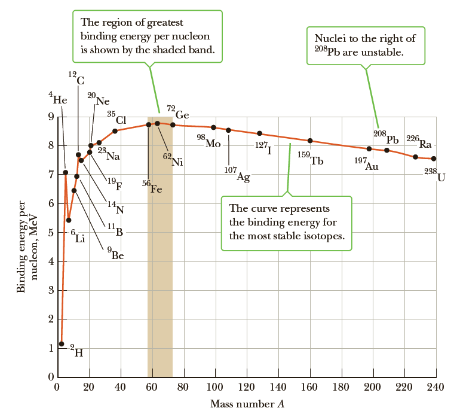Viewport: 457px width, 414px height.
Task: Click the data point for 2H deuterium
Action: pyautogui.click(x=62, y=344)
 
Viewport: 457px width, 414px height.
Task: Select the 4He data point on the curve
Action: pyautogui.click(x=66, y=172)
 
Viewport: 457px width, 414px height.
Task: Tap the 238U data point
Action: pyautogui.click(x=434, y=159)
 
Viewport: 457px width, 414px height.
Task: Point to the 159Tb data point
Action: pyautogui.click(x=310, y=141)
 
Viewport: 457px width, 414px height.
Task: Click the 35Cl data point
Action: pyautogui.click(x=115, y=130)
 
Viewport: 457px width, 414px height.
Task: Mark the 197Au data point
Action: pyautogui.click(x=369, y=148)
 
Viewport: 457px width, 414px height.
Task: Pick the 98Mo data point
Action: pyautogui.click(x=213, y=127)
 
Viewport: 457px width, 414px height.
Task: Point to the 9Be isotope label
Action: pyautogui.click(x=116, y=254)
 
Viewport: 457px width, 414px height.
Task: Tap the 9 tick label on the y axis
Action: pyautogui.click(x=50, y=117)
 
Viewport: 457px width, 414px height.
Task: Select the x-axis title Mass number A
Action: pyautogui.click(x=247, y=404)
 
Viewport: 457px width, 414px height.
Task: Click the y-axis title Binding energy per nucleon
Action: pyautogui.click(x=26, y=242)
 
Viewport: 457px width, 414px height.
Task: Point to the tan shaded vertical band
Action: pyautogui.click(x=160, y=269)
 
